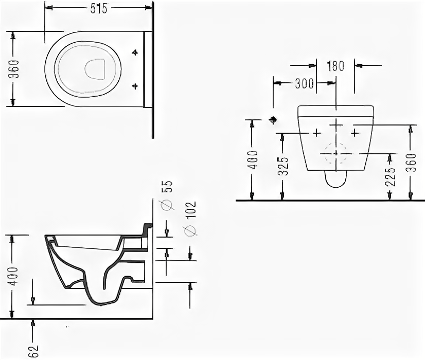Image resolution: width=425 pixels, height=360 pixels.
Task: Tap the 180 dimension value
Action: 335,66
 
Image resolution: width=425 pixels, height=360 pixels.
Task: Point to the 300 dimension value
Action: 305,84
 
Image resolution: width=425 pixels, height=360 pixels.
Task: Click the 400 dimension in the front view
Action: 253,159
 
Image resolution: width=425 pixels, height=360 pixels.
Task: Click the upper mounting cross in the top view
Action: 136,52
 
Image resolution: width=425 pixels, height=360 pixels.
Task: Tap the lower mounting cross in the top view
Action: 136,85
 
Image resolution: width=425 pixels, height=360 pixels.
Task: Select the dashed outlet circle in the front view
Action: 336,153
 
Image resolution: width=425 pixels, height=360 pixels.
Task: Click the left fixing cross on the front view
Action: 316,133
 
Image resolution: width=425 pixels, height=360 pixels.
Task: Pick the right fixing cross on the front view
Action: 355,133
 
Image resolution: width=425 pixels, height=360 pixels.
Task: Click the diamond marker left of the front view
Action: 273,120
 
